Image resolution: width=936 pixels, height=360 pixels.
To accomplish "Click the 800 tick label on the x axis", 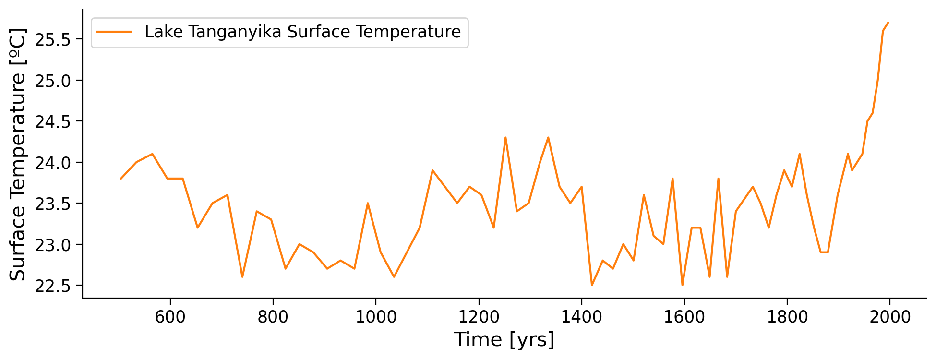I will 273,317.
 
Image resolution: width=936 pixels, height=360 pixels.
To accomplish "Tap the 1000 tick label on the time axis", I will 376,317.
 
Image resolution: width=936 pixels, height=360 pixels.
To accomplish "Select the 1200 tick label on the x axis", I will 479,317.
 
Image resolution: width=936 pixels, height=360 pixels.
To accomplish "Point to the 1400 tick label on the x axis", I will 581,317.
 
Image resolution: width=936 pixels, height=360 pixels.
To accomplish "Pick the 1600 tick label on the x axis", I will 684,317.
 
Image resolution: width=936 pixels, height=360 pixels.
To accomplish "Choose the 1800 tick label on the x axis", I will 787,317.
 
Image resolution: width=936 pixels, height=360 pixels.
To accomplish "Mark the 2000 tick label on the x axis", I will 889,317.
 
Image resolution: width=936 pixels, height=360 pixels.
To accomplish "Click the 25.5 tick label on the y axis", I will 53,39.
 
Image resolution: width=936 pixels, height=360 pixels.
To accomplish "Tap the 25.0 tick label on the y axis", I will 53,81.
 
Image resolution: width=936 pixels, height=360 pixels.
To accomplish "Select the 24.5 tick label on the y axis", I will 53,121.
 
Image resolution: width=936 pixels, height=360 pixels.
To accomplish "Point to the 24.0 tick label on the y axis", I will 53,163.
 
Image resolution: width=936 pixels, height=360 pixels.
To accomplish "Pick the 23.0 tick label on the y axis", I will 53,245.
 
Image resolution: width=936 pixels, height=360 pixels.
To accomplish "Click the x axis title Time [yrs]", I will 504,340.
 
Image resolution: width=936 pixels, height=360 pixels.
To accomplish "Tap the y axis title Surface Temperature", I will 18,154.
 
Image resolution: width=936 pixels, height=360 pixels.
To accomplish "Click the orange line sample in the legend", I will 114,32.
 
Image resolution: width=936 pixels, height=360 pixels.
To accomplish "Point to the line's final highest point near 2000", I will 888,23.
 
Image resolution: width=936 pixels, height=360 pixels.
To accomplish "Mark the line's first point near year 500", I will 120,179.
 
